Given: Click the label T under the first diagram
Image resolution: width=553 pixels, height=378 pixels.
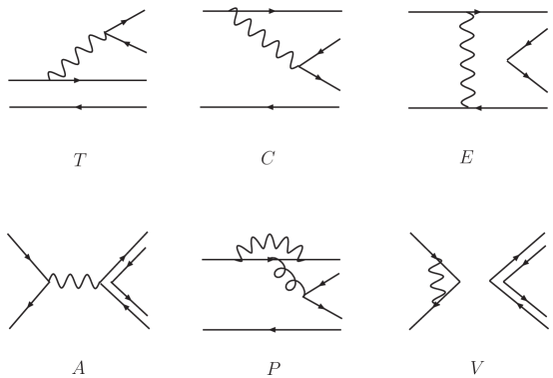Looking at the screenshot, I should tap(80, 160).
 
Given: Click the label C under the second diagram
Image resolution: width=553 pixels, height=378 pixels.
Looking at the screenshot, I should tap(268, 158).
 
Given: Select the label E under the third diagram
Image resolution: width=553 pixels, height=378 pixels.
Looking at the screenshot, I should tap(466, 157).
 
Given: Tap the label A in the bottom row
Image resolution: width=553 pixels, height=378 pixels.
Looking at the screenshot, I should tap(79, 367).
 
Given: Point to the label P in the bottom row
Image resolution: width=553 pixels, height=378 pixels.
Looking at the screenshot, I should tap(273, 368).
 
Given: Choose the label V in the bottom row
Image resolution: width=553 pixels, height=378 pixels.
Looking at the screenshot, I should tap(476, 367).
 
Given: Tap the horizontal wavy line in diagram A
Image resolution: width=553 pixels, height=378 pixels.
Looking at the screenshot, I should tap(74, 281).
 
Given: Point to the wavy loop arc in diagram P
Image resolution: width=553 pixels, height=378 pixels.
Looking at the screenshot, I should tap(270, 242).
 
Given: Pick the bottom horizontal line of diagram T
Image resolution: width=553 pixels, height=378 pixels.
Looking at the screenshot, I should tap(77, 107).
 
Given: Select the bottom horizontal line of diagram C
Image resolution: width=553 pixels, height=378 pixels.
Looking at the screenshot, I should tap(270, 107).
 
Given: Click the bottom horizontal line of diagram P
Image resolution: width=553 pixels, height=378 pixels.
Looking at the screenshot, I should tap(272, 329).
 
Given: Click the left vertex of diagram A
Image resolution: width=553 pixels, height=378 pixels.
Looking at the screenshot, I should tap(49, 282).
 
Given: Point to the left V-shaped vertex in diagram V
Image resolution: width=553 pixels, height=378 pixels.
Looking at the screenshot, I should tap(458, 282).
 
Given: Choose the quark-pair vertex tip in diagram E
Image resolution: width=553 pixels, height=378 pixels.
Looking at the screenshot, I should tap(507, 61).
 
